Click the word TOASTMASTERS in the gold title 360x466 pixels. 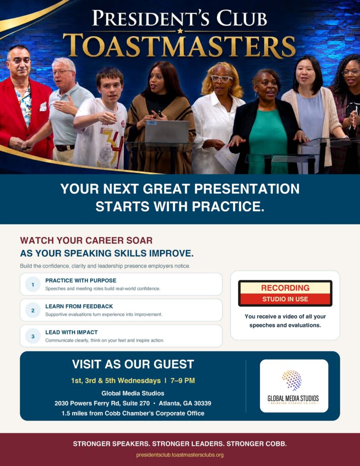179,46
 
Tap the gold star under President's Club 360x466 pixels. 180,30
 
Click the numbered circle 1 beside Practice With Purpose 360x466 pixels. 33,284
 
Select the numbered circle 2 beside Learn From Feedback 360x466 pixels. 33,310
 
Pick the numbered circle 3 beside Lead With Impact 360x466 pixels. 33,336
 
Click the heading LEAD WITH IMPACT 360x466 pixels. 71,332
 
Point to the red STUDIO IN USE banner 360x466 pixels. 285,299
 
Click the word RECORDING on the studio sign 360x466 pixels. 285,288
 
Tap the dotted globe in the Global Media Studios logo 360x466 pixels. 292,380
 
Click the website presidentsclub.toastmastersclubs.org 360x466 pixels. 180,455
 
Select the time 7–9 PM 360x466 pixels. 183,380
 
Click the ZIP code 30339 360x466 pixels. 203,403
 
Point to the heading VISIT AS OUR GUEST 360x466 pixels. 133,364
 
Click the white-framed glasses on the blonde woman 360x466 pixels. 222,79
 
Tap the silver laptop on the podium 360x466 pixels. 167,132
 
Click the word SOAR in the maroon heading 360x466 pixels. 139,240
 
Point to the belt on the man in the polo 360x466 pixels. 65,147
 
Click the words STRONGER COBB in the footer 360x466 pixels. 257,444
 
